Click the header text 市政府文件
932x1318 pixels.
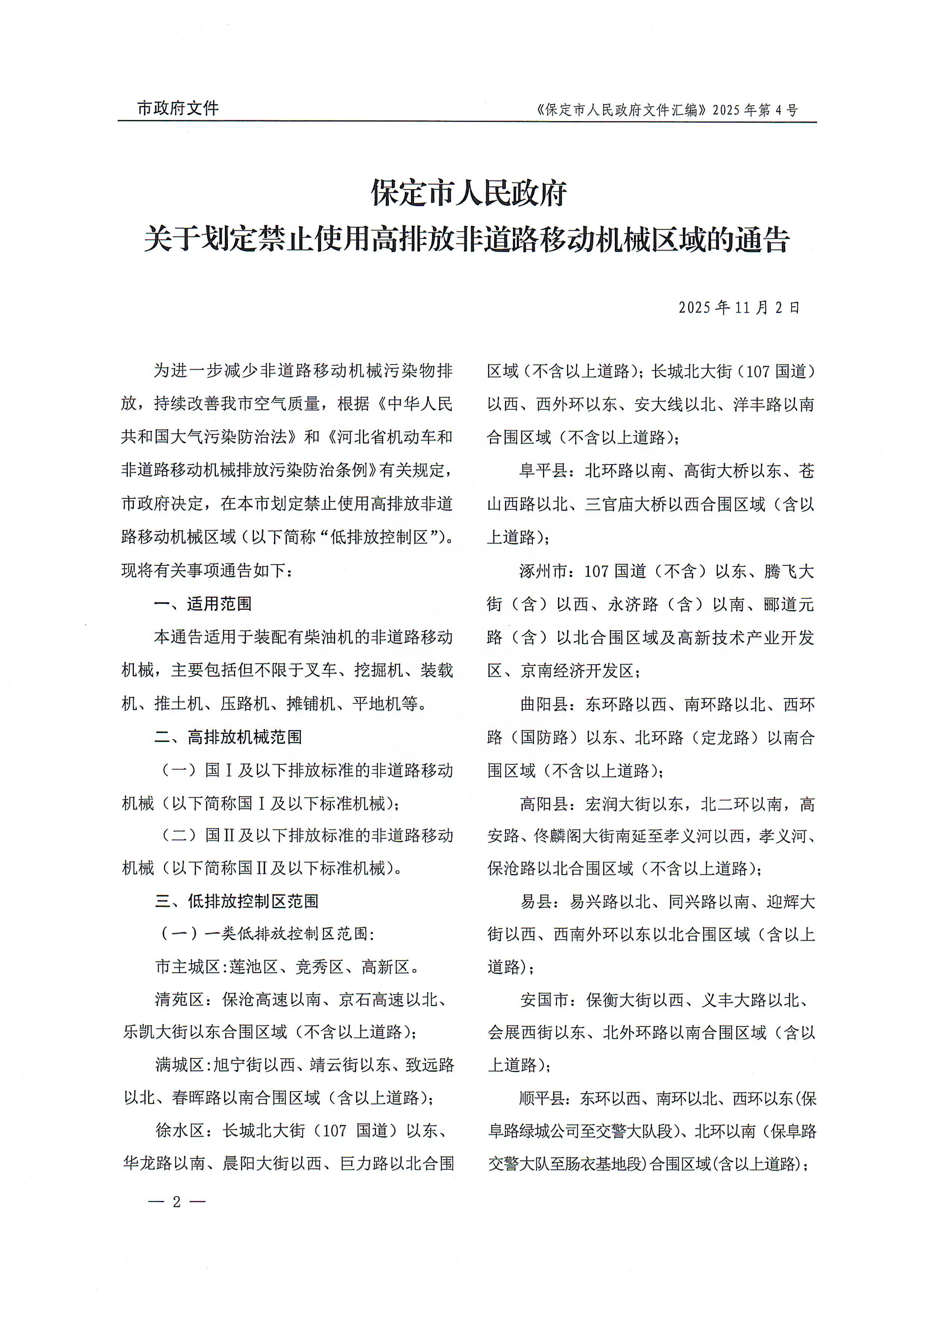pyautogui.click(x=178, y=108)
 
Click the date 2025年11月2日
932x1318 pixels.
pyautogui.click(x=739, y=308)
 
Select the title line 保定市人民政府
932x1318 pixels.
pyautogui.click(x=468, y=193)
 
